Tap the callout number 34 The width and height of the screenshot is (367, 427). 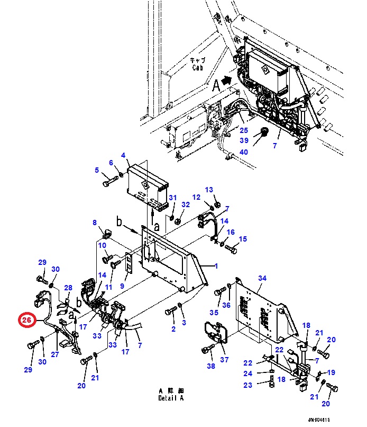(262, 279)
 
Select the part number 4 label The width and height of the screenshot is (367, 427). (123, 156)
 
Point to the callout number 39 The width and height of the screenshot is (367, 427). (243, 140)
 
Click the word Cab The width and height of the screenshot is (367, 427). (197, 68)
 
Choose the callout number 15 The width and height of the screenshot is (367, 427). (243, 239)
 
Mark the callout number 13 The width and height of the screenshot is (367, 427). (209, 190)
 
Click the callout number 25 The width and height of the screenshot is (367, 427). (243, 130)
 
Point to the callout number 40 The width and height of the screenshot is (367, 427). (243, 152)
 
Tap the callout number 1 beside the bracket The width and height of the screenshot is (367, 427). (216, 266)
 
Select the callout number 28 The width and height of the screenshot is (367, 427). (68, 288)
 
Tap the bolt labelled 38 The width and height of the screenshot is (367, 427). (208, 349)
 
